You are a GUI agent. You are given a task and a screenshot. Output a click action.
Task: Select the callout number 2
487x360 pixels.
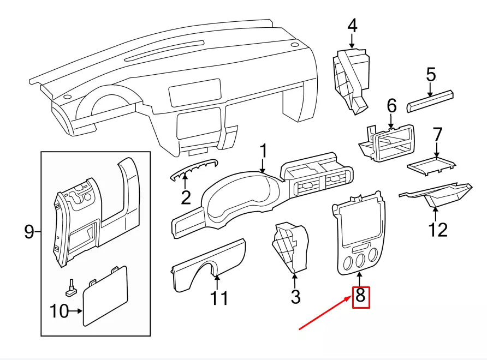pyautogui.click(x=186, y=197)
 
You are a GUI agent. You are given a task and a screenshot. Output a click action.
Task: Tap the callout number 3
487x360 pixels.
pyautogui.click(x=295, y=297)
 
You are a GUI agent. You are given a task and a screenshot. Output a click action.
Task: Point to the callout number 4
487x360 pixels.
pyautogui.click(x=352, y=25)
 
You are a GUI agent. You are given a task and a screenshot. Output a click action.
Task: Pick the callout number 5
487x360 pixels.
pyautogui.click(x=431, y=74)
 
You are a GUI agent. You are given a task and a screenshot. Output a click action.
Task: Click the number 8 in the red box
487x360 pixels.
pyautogui.click(x=360, y=297)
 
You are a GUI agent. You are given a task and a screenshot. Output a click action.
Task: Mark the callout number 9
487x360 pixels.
pyautogui.click(x=29, y=232)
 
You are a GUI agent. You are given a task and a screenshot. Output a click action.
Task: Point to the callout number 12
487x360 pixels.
pyautogui.click(x=437, y=229)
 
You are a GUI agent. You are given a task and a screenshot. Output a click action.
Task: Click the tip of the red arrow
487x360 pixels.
pyautogui.click(x=352, y=297)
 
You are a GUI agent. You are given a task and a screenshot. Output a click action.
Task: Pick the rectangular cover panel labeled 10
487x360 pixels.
pyautogui.click(x=105, y=297)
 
